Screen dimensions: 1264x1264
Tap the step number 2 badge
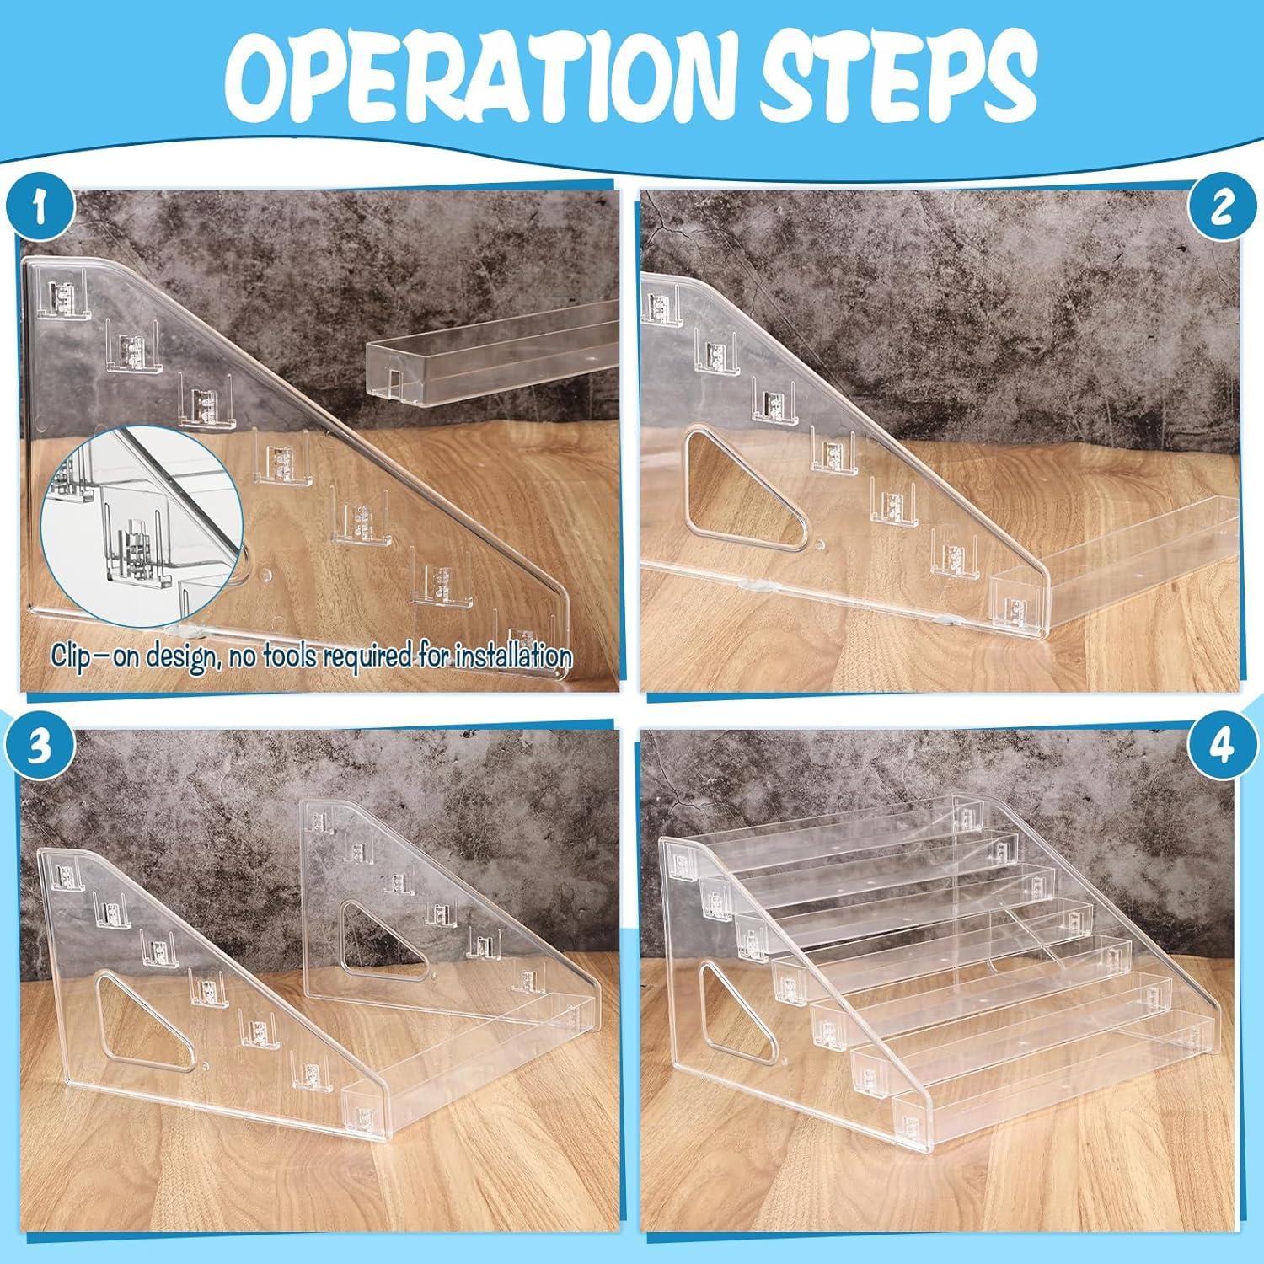tap(1221, 208)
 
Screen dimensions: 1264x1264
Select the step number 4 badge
tap(1221, 747)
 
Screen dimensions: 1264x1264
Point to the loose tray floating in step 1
tap(489, 358)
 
